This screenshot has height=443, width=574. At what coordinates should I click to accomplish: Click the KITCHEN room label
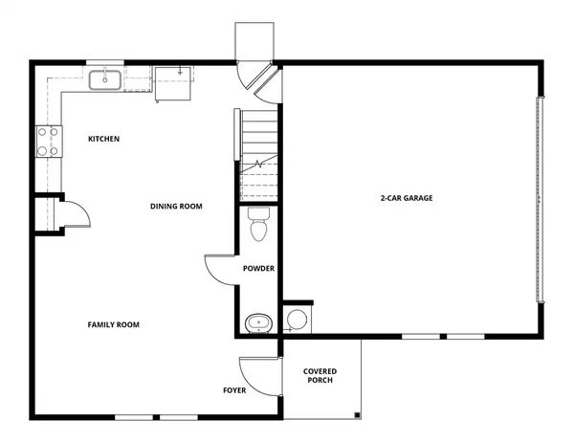click(x=103, y=140)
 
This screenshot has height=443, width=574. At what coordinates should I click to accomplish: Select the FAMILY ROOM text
click(x=113, y=325)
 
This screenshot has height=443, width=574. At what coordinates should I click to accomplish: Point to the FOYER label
click(x=235, y=390)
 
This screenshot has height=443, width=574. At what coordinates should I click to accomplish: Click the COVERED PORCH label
click(x=320, y=376)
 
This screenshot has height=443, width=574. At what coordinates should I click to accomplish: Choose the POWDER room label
click(x=258, y=269)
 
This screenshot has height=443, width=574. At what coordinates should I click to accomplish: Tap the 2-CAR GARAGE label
click(x=407, y=199)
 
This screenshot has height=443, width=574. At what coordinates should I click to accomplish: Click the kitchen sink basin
click(x=105, y=79)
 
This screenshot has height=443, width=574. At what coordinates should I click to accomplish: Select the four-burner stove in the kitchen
click(x=48, y=142)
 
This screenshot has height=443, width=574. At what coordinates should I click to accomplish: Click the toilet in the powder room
click(x=257, y=228)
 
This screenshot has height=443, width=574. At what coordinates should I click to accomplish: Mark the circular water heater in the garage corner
click(x=297, y=320)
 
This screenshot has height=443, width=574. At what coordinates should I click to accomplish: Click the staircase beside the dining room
click(x=257, y=153)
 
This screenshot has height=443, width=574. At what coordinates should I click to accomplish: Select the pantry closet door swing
click(x=76, y=213)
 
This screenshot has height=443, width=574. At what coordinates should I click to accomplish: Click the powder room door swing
click(x=220, y=271)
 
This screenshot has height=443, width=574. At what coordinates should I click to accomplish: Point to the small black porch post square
click(x=356, y=415)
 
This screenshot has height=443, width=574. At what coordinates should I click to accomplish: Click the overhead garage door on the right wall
click(x=541, y=199)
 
